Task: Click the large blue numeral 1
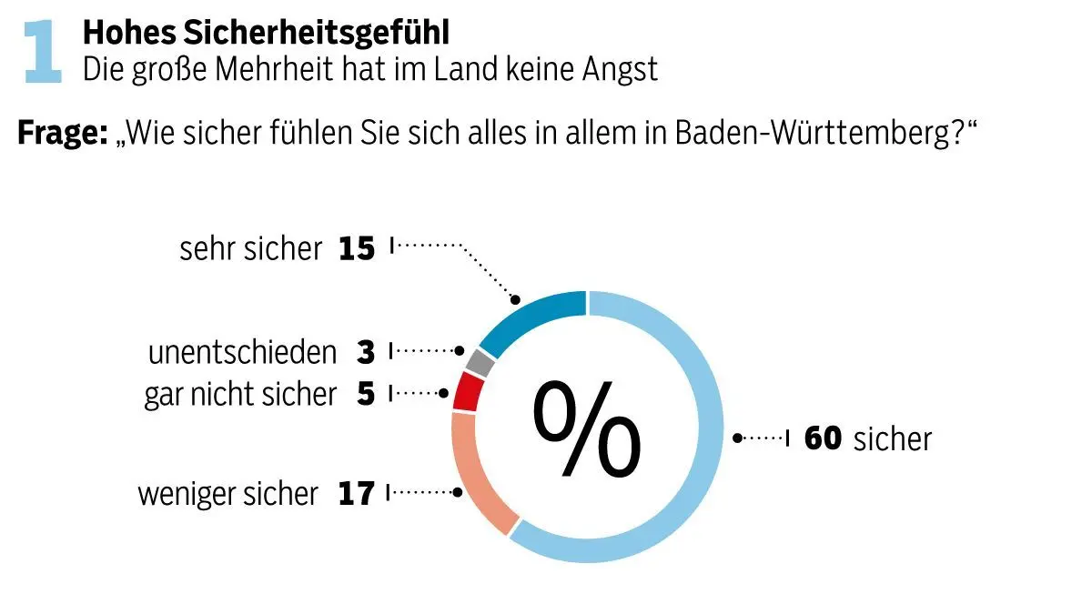point(44,54)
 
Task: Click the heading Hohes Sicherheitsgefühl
point(266,33)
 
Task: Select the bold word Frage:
point(62,134)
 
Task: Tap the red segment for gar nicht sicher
point(468,391)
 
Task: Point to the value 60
point(824,438)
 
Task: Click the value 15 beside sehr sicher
point(357,248)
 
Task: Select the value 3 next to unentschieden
point(366,353)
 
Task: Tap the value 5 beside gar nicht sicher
point(366,395)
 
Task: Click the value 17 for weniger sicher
point(356,494)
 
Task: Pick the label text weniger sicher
point(228,494)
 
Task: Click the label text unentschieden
point(242,353)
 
